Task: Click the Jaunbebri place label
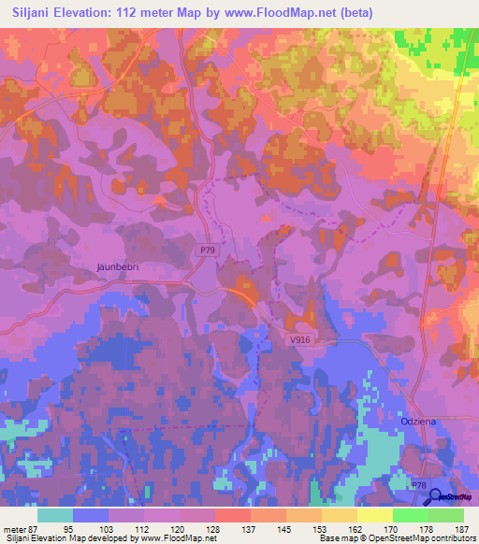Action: click(118, 266)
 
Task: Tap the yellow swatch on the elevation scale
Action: click(375, 515)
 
